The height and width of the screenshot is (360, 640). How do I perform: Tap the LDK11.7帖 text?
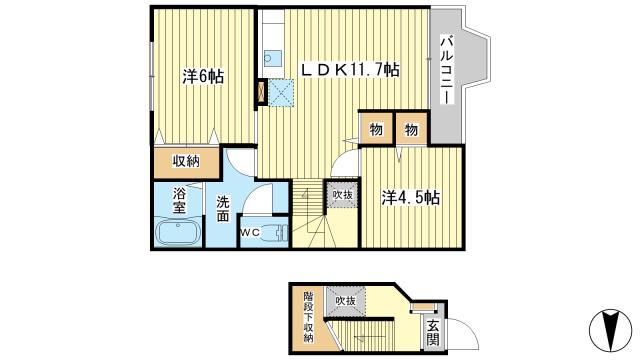click(352, 70)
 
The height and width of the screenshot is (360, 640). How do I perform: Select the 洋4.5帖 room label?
click(410, 198)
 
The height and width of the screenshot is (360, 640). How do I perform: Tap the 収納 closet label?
click(183, 161)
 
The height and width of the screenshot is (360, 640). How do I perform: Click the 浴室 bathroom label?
click(180, 201)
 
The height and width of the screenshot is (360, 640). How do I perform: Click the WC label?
click(250, 234)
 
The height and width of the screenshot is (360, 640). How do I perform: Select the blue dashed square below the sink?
click(279, 93)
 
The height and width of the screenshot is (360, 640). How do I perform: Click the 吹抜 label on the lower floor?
click(345, 299)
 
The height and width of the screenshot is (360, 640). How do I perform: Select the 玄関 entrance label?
click(432, 331)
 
